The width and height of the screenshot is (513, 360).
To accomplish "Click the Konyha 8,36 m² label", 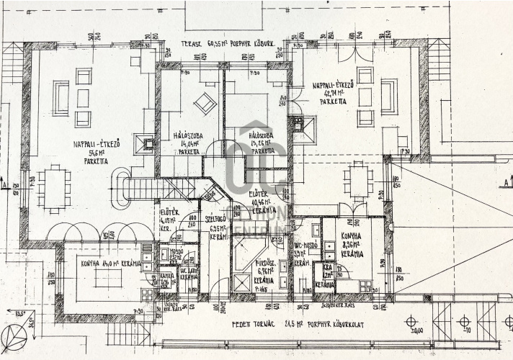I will (352, 249).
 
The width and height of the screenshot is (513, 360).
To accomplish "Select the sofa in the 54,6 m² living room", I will (61, 98).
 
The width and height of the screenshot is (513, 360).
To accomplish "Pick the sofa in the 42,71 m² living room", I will (388, 96).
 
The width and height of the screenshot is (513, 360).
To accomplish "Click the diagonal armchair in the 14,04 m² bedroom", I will (204, 103).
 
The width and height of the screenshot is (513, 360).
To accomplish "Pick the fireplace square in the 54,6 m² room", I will (148, 144).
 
